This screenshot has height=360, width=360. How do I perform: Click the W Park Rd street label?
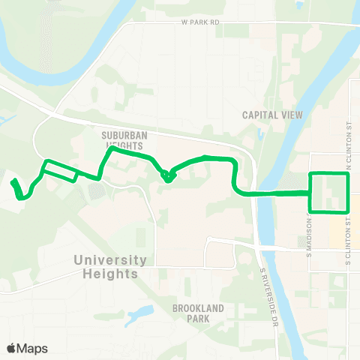point(200,22)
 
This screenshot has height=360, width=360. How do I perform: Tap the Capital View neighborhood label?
point(271,115)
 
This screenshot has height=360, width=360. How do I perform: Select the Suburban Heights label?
point(121,142)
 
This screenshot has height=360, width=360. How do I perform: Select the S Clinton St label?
point(349,240)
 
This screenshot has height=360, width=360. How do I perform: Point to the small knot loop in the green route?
point(168,175)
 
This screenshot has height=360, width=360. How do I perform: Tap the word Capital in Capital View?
point(259,115)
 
